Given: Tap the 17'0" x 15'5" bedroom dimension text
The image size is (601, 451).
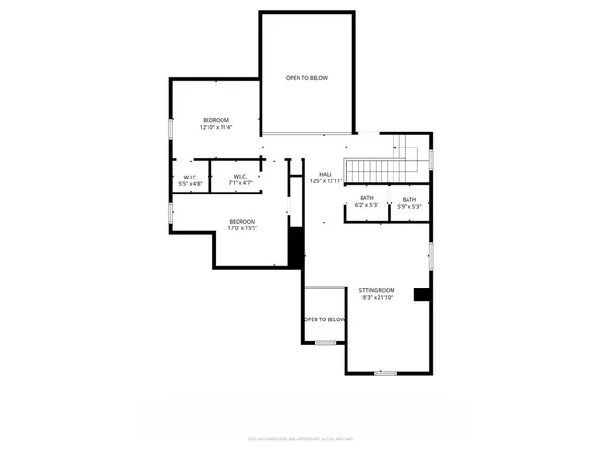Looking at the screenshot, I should [x=243, y=227].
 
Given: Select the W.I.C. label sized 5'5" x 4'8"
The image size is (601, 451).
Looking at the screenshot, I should [x=191, y=177].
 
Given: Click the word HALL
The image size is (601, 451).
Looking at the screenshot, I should [x=326, y=174].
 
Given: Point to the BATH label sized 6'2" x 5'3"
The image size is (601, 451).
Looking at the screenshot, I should [x=366, y=198].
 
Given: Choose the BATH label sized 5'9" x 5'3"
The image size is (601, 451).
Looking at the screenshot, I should [x=409, y=199].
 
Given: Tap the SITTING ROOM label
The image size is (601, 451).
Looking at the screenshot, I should [x=376, y=290].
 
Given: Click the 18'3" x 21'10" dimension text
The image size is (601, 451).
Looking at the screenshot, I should [x=376, y=298].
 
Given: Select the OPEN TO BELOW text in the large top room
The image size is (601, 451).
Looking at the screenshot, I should [x=307, y=78].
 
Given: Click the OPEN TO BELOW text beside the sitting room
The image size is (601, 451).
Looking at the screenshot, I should [x=324, y=319].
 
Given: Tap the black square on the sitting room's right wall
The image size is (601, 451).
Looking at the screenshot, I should [x=423, y=295].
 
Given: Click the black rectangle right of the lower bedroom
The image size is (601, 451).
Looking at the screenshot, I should [x=296, y=247].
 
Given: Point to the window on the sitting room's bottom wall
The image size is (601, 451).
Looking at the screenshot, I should [x=385, y=373].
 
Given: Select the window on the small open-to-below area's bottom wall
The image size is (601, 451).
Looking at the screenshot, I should [x=325, y=343].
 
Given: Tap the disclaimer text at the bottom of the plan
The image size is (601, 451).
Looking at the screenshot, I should [x=300, y=437].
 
